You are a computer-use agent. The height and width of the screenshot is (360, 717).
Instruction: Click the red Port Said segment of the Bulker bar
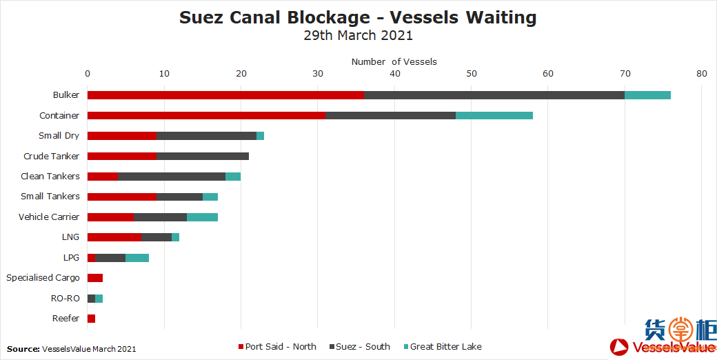[x=225, y=95]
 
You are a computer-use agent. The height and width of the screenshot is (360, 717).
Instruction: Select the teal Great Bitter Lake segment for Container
[x=494, y=115]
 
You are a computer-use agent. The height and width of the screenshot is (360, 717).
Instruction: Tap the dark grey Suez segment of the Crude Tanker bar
[x=203, y=156]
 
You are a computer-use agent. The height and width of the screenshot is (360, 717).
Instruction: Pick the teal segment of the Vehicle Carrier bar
[x=203, y=217]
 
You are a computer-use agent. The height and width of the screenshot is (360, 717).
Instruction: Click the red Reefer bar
[x=91, y=318]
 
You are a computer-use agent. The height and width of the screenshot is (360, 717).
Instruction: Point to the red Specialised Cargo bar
[x=95, y=278]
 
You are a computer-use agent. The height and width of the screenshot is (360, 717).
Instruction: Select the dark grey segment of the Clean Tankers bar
[x=172, y=177]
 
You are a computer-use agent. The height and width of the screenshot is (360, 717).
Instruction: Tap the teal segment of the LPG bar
[x=137, y=258]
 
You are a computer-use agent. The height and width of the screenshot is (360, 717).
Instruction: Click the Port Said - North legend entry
[x=276, y=347]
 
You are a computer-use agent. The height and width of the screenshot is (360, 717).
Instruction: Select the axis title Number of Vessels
[x=394, y=62]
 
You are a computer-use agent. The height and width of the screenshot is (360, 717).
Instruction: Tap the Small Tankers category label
[x=50, y=197]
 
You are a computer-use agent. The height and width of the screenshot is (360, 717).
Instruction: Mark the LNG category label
[x=70, y=237]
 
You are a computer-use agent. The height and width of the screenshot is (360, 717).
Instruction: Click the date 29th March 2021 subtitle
[x=358, y=36]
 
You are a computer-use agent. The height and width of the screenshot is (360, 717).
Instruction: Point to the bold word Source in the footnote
[x=23, y=349]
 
